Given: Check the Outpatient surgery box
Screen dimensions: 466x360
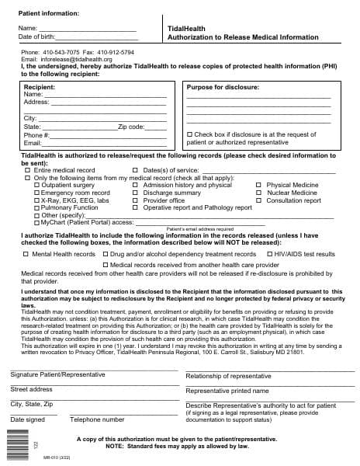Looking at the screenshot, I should click(x=36, y=186).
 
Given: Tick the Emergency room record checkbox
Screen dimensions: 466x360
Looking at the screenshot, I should click(x=36, y=193).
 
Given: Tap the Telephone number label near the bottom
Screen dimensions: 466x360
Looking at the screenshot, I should click(x=97, y=420).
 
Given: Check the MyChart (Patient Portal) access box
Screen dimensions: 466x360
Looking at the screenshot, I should click(x=28, y=223).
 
